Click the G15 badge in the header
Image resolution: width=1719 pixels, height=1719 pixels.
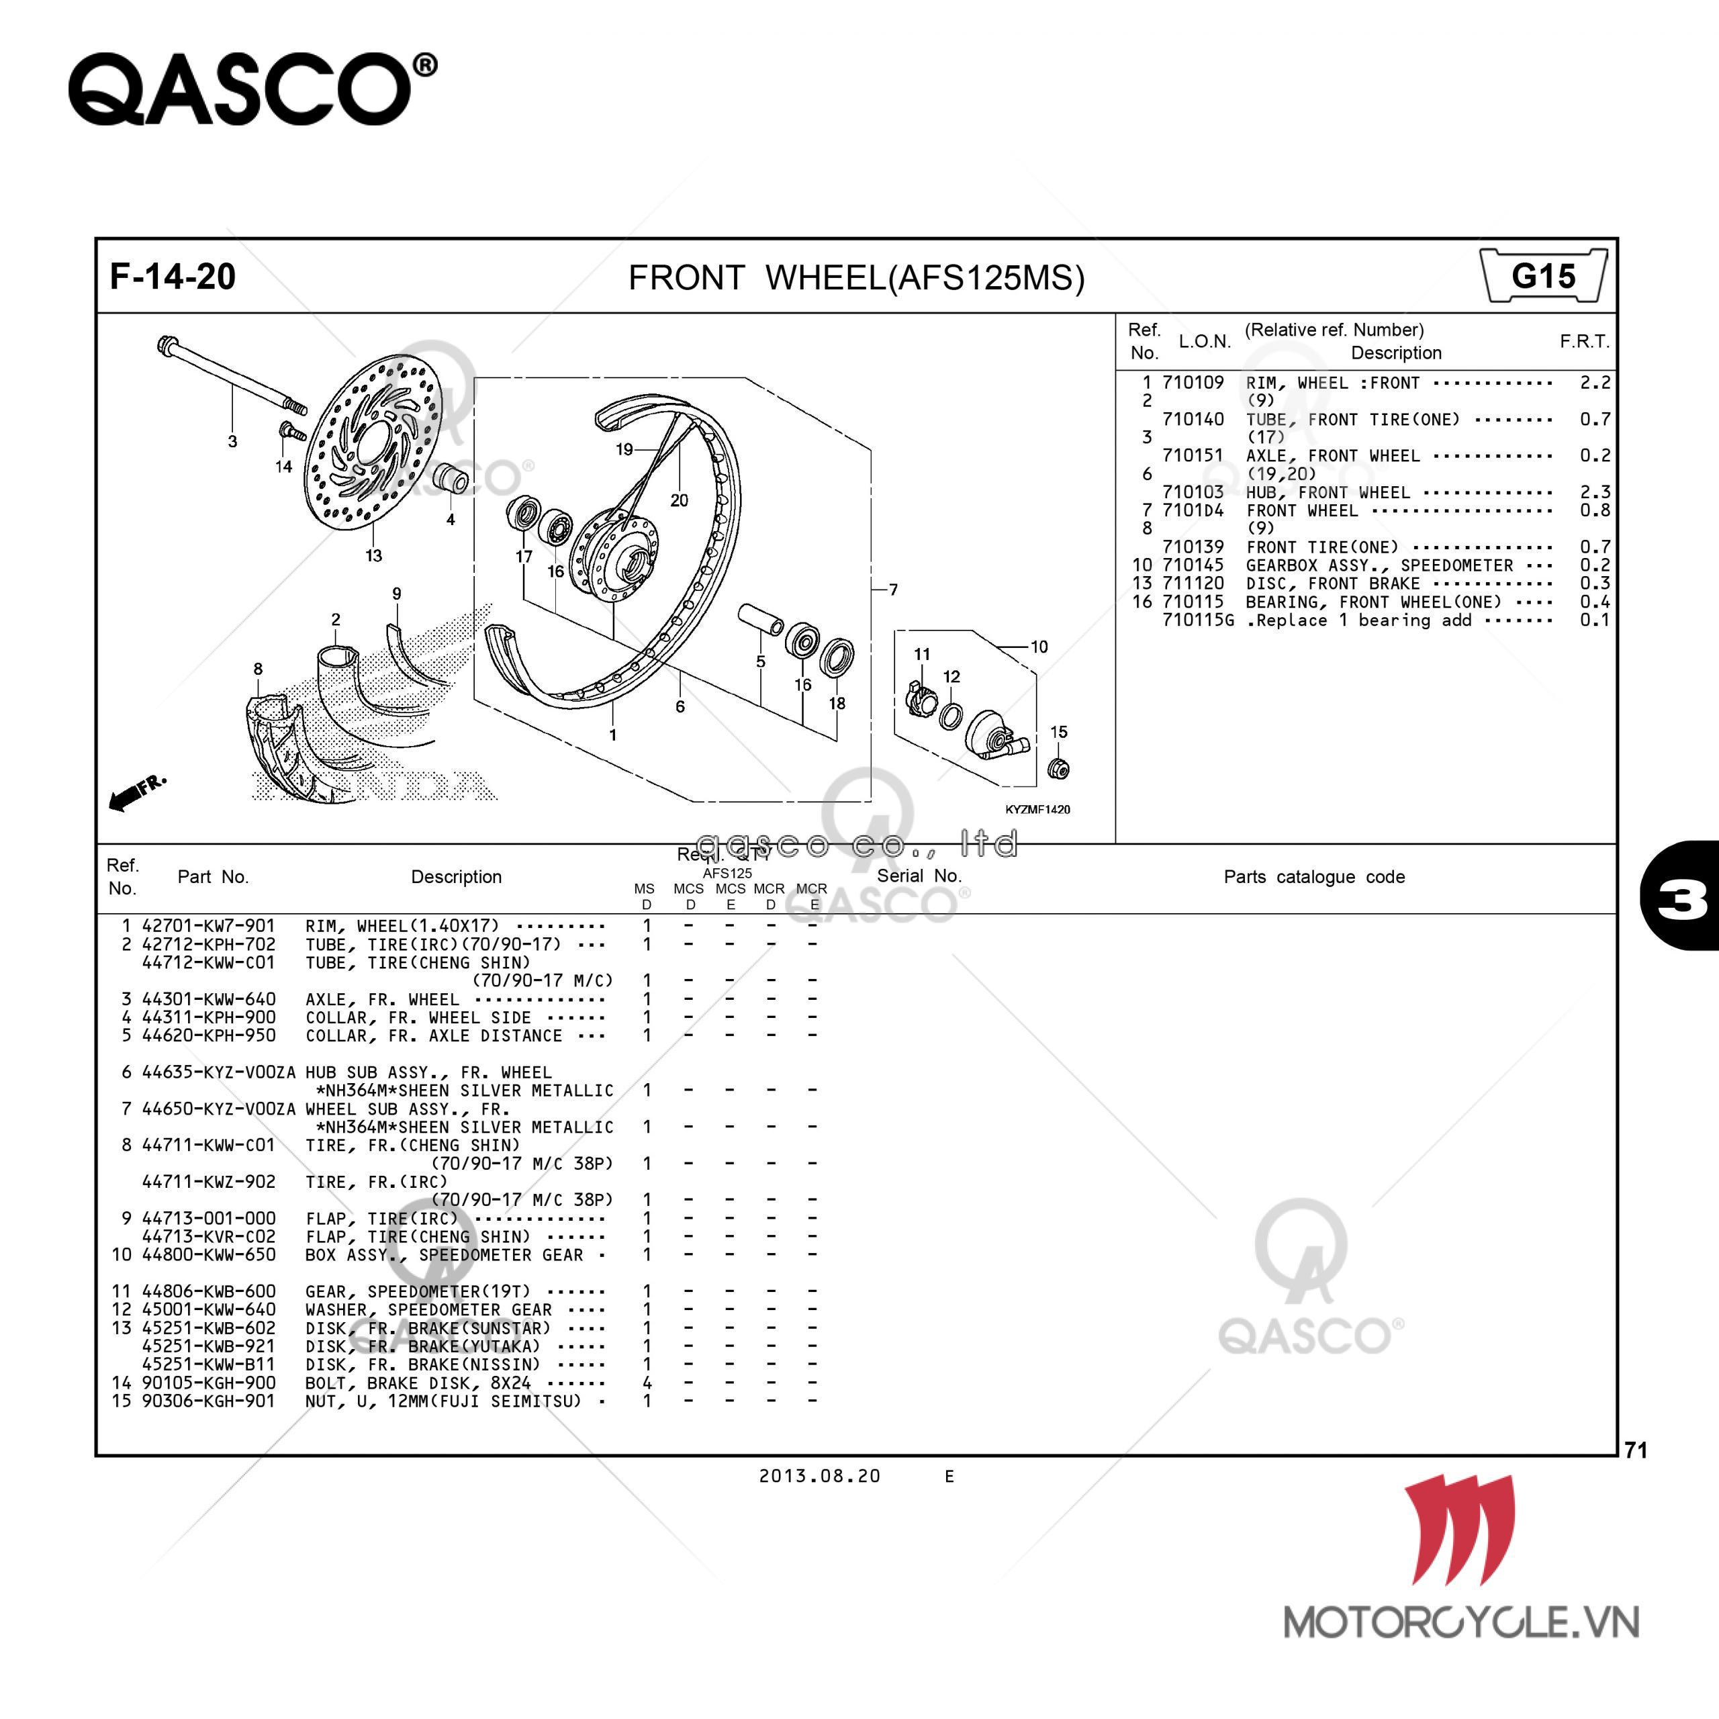pos(1544,277)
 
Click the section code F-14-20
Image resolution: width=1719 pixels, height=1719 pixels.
pos(173,277)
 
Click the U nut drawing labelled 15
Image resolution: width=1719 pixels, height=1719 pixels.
pos(1059,769)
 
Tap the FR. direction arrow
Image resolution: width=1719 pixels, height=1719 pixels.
pos(135,792)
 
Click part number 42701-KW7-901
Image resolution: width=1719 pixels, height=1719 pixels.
pos(208,926)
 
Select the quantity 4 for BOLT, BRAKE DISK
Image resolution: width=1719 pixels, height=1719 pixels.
pos(647,1383)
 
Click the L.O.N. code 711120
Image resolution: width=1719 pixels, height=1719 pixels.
pos(1193,583)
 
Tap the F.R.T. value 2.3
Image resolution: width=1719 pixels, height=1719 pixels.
pos(1594,492)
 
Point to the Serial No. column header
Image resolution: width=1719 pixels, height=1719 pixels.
pos(919,876)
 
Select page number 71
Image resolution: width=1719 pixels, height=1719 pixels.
pos(1635,1450)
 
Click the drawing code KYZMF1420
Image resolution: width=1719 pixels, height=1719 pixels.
pos(1037,810)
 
